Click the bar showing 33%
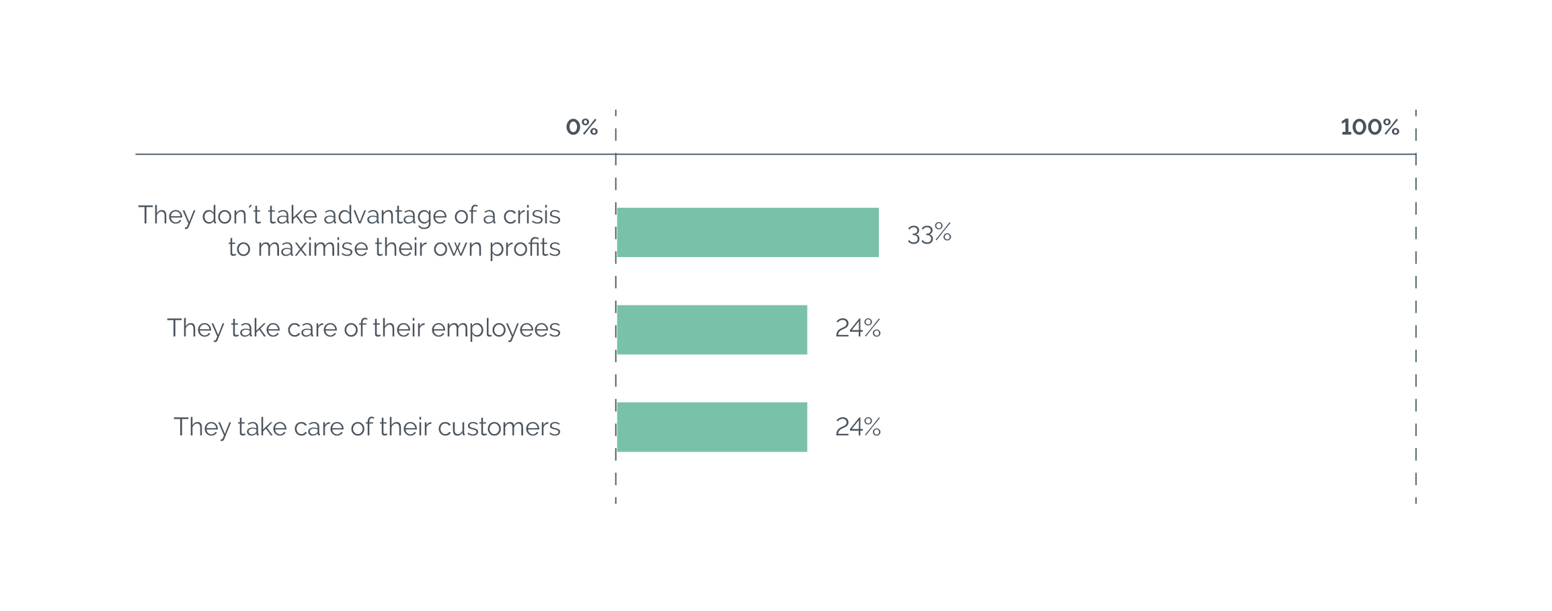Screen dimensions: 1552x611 click(x=748, y=232)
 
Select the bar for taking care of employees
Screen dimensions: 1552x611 click(x=712, y=330)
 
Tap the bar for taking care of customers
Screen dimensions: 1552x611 click(x=712, y=427)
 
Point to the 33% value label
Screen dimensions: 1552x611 click(x=929, y=233)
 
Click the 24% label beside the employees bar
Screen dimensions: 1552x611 click(x=858, y=328)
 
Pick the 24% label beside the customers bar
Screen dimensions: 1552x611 click(x=858, y=427)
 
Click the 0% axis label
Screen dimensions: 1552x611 click(x=582, y=127)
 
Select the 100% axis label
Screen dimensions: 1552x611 click(x=1370, y=127)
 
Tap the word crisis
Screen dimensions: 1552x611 click(x=531, y=215)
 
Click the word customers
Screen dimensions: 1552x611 click(x=499, y=427)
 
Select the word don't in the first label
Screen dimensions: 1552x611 click(x=231, y=215)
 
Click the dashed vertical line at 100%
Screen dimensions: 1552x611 click(x=1415, y=306)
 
